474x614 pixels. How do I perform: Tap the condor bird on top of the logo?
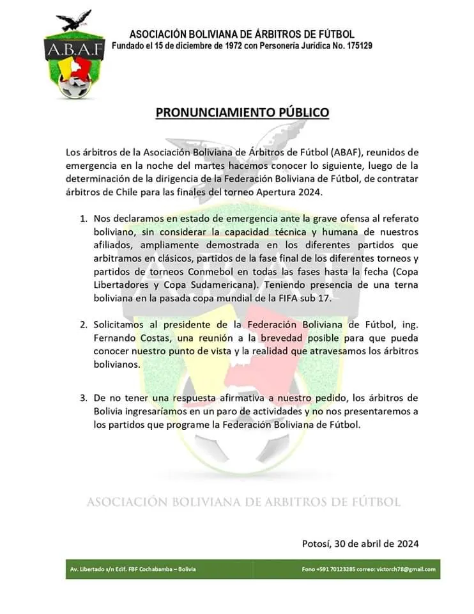76,21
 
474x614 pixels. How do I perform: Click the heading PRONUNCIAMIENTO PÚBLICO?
243,113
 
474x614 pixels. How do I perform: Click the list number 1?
84,218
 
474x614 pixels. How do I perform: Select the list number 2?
84,324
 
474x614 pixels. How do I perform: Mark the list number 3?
84,397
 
